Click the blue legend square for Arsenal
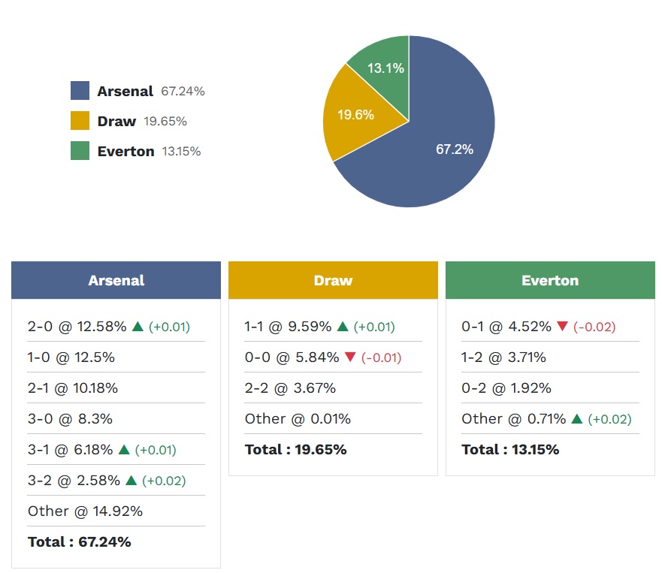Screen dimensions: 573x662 click(80, 91)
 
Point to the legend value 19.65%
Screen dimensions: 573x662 click(165, 121)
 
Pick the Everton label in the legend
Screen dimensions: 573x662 click(125, 151)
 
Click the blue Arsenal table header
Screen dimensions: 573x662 click(116, 280)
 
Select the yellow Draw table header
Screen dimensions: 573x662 click(333, 280)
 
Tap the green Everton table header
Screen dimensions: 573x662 click(550, 280)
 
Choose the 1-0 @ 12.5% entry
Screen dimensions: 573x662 click(71, 357)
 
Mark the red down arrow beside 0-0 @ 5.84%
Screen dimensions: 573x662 click(350, 357)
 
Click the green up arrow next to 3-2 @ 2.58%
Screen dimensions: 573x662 click(131, 481)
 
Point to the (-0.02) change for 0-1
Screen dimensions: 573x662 click(594, 327)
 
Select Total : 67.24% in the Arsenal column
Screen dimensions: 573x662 click(80, 541)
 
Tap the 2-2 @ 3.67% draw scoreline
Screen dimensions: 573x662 click(290, 388)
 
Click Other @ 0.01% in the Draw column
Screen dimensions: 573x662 click(298, 419)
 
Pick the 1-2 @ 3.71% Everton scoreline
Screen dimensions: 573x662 click(503, 357)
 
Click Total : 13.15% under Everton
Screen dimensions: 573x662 click(510, 450)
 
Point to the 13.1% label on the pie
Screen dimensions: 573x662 click(385, 68)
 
